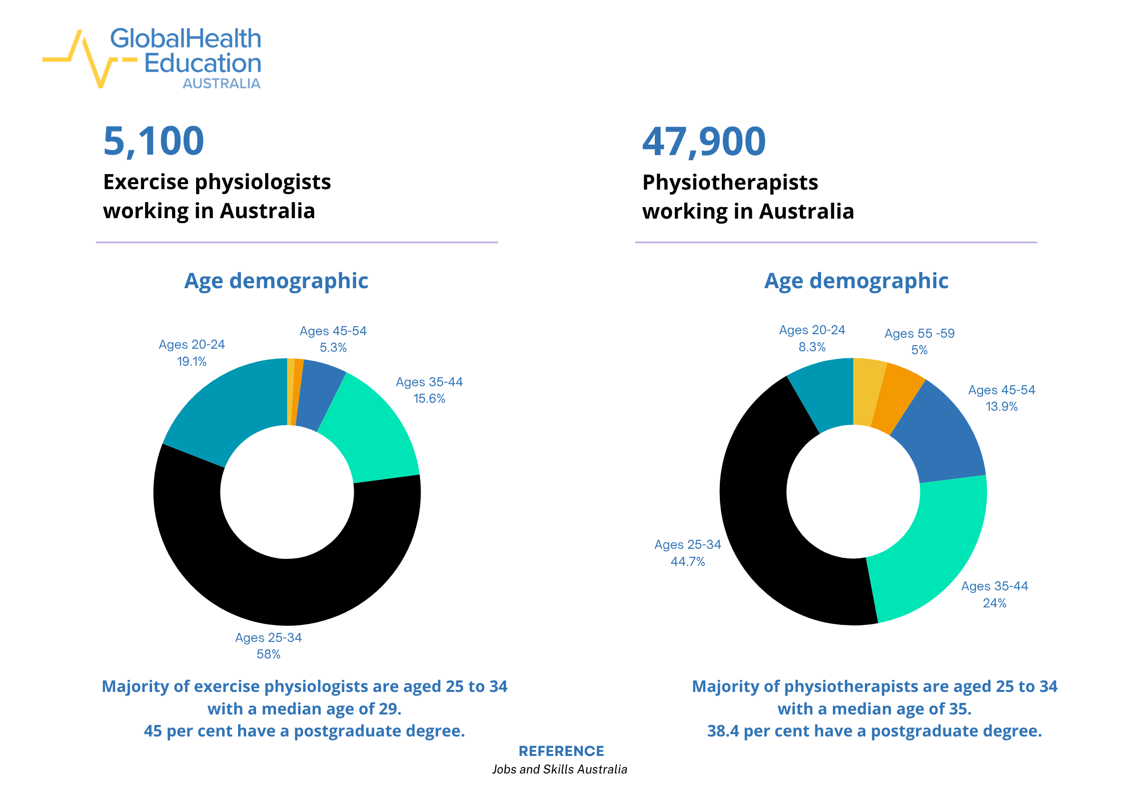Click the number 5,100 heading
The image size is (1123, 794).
click(x=154, y=141)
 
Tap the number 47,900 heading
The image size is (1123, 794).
click(x=703, y=142)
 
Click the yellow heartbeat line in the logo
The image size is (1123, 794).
click(x=90, y=60)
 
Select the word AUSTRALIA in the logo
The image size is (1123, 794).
click(x=221, y=84)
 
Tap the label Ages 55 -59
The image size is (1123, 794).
click(x=919, y=334)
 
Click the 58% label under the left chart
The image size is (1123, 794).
click(x=268, y=654)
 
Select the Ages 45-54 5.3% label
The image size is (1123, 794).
click(x=333, y=339)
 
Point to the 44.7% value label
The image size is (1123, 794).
click(x=687, y=562)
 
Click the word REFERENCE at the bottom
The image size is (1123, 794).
click(x=561, y=751)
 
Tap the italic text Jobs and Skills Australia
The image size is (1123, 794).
click(x=559, y=769)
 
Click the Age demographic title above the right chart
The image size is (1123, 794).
click(x=856, y=281)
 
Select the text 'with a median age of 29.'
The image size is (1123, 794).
click(x=304, y=709)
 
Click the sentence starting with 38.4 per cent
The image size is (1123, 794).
click(x=874, y=731)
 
